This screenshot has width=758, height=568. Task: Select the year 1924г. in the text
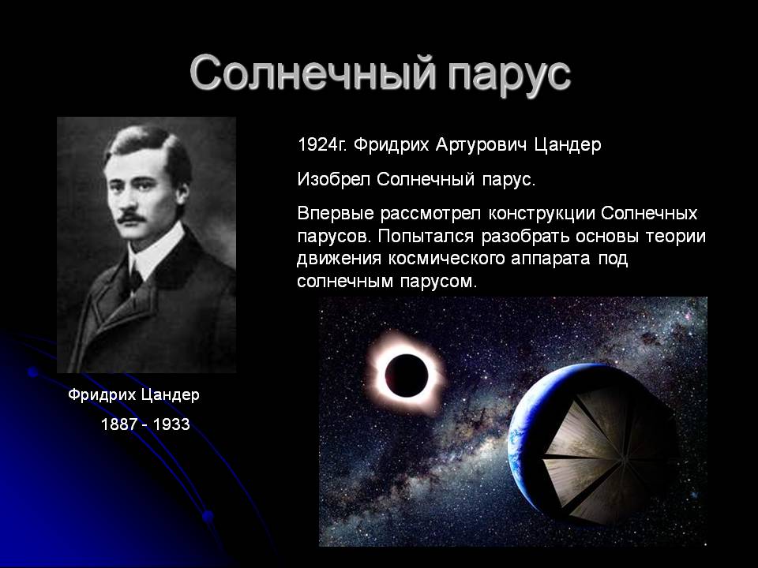[x=322, y=144]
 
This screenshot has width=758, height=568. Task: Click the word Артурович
[x=481, y=145]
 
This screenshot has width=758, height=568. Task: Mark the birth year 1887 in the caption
[x=119, y=424]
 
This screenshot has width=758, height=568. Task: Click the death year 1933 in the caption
[x=171, y=424]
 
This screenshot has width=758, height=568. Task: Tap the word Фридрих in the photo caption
[x=103, y=395]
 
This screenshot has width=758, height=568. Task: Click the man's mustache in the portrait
[x=132, y=217]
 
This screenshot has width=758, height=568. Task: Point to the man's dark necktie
[x=135, y=278]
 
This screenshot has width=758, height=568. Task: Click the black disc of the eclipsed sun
[x=407, y=376]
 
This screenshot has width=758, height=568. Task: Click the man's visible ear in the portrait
[x=182, y=193]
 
